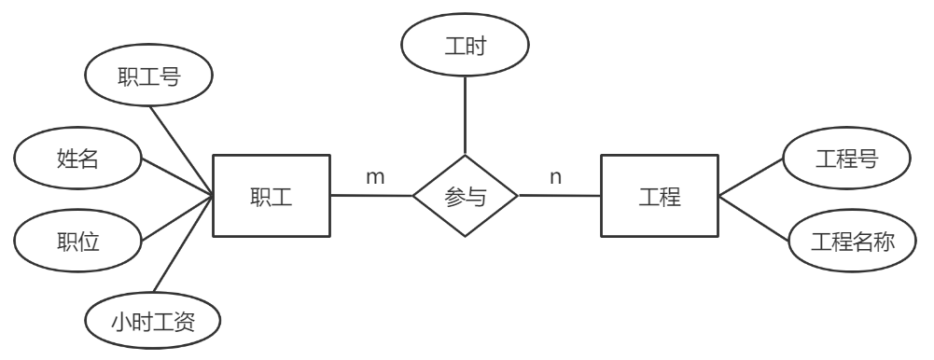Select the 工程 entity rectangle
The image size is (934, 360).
click(x=659, y=197)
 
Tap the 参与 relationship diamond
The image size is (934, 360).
click(x=466, y=197)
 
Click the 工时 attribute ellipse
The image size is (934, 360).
click(x=464, y=45)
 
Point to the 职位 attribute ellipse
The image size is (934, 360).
click(x=78, y=240)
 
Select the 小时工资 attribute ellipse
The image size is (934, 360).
click(x=153, y=321)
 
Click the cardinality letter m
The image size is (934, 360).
click(x=374, y=176)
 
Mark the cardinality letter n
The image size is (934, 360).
click(x=556, y=176)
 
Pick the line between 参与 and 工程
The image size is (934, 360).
click(x=559, y=196)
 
